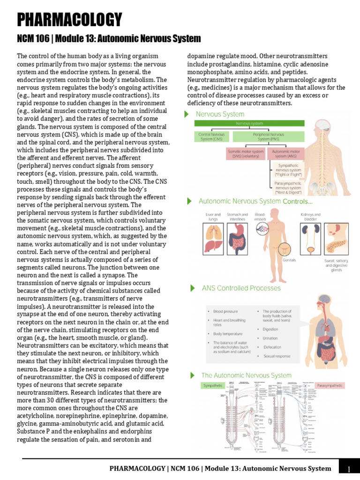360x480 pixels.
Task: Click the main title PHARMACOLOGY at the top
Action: pos(69,20)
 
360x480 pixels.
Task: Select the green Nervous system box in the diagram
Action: pos(249,123)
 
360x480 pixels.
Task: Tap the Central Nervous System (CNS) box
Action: pos(211,137)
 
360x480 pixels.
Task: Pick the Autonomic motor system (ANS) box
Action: pos(286,154)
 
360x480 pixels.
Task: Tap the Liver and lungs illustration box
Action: pos(213,238)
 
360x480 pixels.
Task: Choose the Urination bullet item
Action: pos(270,338)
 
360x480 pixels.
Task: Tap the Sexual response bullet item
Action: pos(277,356)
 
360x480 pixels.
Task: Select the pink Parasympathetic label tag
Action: pos(330,385)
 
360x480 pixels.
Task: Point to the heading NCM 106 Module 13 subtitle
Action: pos(109,38)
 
